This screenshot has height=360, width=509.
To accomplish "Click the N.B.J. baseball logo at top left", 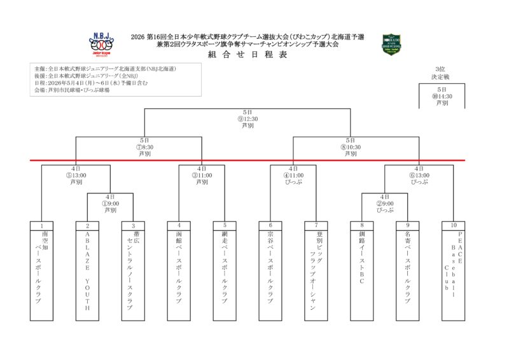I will (101, 44).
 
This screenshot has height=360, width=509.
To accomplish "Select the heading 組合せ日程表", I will (247, 55).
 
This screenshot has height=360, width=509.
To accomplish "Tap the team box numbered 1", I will (41, 270).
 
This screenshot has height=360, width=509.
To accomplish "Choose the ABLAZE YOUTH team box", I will (87, 270).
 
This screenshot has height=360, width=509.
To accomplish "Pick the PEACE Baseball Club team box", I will (454, 270).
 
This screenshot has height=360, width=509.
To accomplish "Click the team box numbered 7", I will (316, 270).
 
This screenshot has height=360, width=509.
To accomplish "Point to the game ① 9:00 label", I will (110, 204).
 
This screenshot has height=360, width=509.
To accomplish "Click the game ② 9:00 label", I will (385, 204).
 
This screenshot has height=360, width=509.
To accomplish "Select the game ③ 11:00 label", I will (202, 175).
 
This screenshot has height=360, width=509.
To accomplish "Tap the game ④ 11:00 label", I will (293, 175).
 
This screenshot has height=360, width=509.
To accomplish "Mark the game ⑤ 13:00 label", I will (76, 175).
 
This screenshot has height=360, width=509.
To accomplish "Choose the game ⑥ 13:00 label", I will (419, 175).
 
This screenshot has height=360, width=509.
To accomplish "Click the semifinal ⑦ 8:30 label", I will (145, 147).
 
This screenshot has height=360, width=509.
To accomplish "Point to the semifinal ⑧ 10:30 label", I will (351, 147).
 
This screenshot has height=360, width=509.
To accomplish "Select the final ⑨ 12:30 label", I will (248, 119).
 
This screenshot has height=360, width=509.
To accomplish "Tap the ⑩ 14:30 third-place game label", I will (442, 96).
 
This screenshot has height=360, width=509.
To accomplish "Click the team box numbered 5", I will (225, 270).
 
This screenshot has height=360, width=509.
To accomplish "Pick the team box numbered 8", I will (362, 270).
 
